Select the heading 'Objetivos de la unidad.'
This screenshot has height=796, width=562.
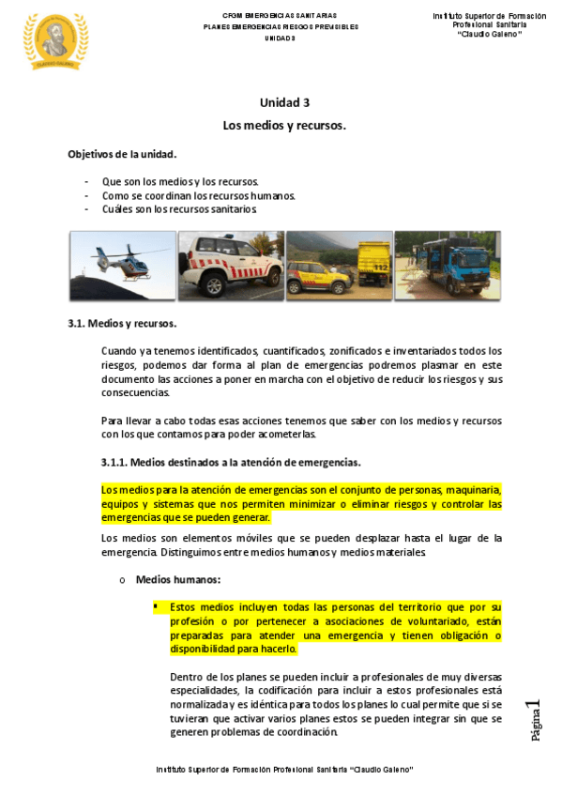pyautogui.click(x=122, y=153)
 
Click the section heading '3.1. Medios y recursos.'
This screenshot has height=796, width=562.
pyautogui.click(x=122, y=324)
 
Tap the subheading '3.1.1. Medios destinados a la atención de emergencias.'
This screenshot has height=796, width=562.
pyautogui.click(x=231, y=463)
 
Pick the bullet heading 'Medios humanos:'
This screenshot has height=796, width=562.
pyautogui.click(x=178, y=580)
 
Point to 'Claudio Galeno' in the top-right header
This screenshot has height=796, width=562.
pyautogui.click(x=489, y=35)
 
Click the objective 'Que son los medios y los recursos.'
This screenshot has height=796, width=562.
pyautogui.click(x=180, y=181)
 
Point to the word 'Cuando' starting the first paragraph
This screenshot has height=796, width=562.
pyautogui.click(x=118, y=351)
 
